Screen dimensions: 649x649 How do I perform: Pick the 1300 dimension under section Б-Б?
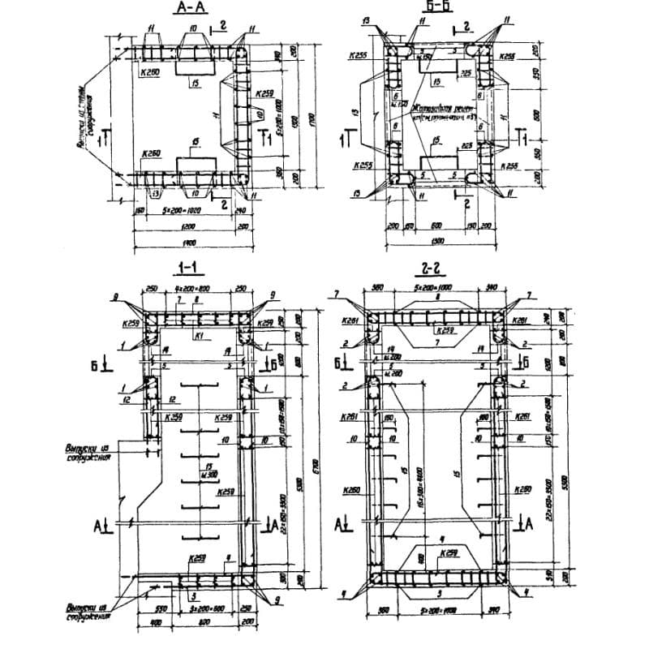(439, 242)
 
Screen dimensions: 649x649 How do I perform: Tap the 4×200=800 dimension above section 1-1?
(196, 289)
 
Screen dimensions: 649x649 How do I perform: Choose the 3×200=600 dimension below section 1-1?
(196, 607)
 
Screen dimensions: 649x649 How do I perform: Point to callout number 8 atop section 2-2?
(437, 298)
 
